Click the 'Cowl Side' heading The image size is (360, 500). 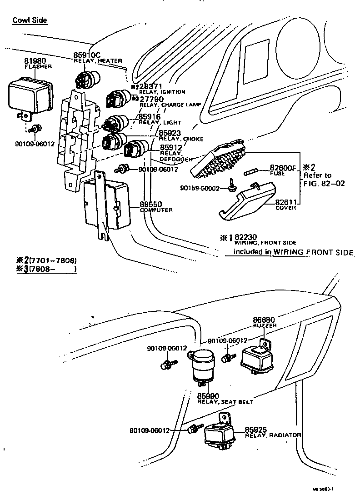pos(30,20)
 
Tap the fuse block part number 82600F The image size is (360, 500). pos(283,167)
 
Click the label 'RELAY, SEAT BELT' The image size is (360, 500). pos(225,402)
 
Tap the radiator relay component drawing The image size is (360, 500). pos(220,434)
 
